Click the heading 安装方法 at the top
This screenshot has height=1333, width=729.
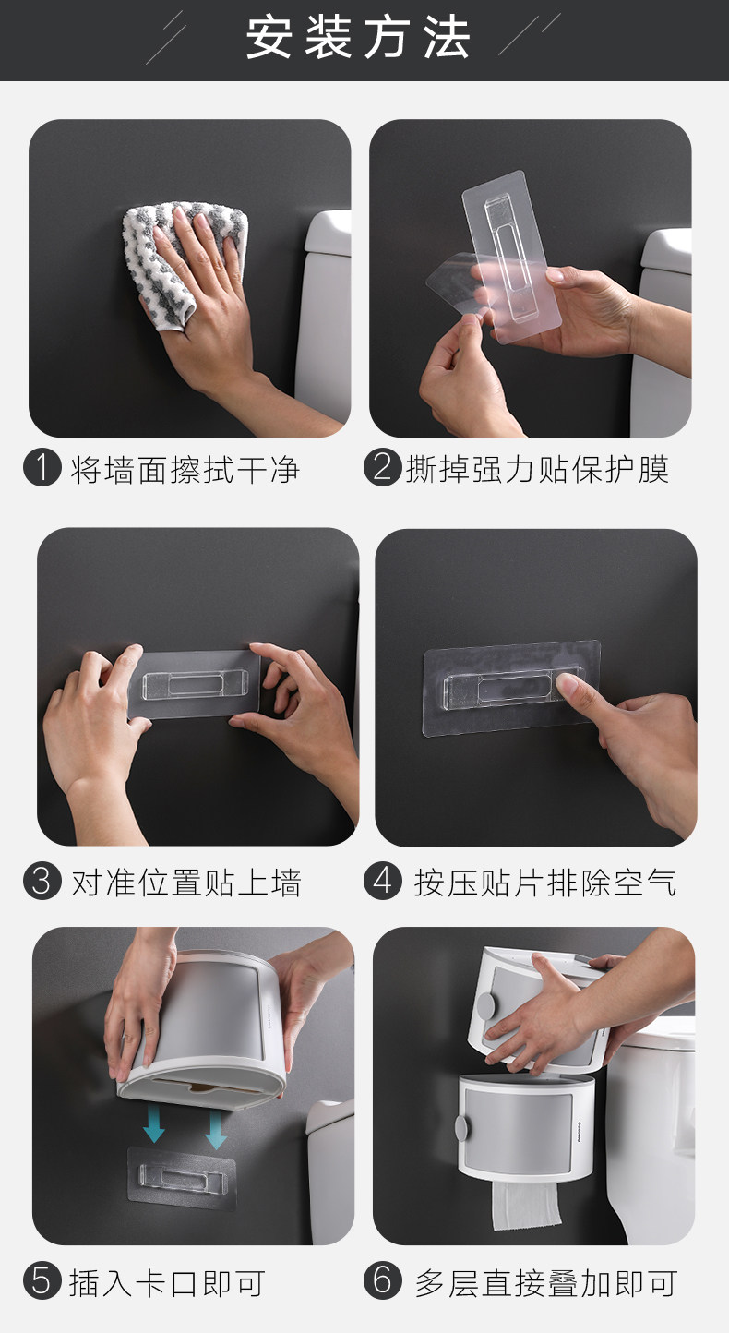(x=358, y=38)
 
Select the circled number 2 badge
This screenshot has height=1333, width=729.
(x=383, y=467)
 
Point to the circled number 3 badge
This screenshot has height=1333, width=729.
(x=42, y=880)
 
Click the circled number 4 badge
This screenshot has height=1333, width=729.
(x=383, y=880)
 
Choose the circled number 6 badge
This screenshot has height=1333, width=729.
(x=383, y=1280)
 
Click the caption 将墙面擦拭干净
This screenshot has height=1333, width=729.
(x=185, y=470)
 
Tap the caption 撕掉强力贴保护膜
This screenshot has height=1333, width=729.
(x=537, y=470)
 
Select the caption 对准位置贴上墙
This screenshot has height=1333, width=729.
(x=186, y=883)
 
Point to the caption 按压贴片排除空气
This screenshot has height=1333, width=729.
(x=545, y=883)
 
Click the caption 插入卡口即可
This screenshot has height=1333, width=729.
(x=167, y=1283)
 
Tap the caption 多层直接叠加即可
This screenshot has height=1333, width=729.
(x=545, y=1283)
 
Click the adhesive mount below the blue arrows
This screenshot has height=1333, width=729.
(x=182, y=1178)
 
